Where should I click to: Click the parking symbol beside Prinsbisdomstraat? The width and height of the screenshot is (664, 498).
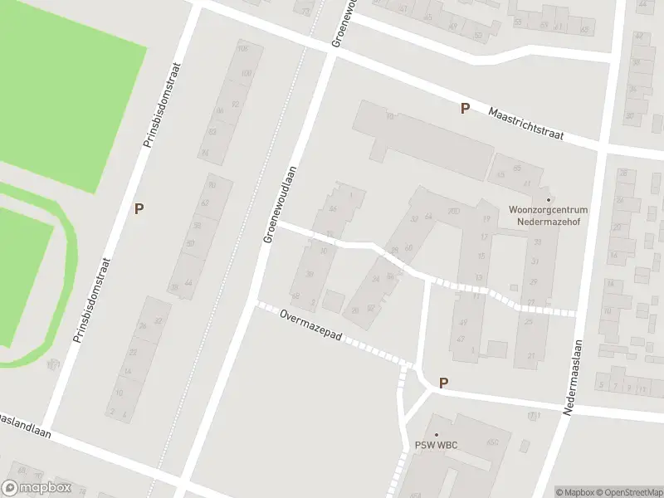point(139,209)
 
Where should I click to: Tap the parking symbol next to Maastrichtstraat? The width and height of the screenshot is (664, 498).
point(465,108)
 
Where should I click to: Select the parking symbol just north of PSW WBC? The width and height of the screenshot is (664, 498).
point(443,383)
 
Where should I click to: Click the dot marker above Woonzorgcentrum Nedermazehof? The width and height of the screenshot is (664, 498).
point(548,199)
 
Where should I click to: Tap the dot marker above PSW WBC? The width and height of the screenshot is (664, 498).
point(437,434)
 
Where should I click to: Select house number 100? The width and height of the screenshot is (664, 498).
point(244,74)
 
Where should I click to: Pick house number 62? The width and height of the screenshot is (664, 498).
point(205,203)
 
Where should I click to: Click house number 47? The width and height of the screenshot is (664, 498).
point(462,323)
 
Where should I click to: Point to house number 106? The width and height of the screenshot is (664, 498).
point(243,49)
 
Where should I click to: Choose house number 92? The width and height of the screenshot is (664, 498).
point(236,105)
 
